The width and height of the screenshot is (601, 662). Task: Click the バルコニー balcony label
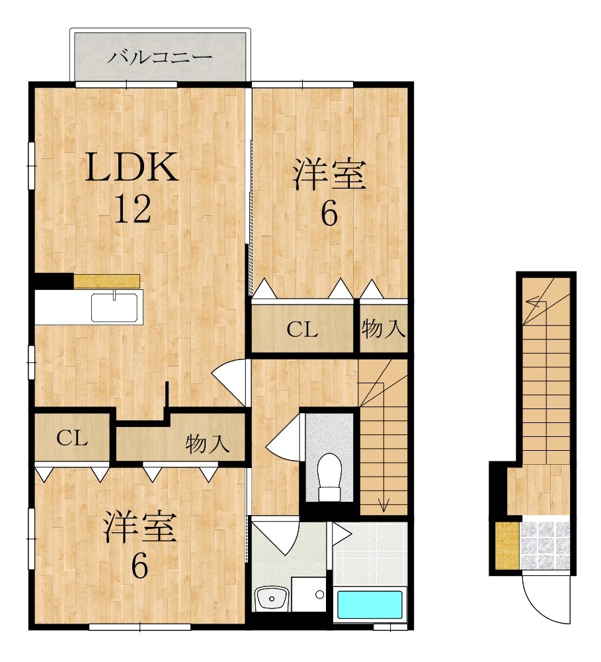(x=160, y=57)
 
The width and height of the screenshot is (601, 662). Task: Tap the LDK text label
(x=131, y=167)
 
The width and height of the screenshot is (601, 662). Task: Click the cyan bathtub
(x=370, y=604)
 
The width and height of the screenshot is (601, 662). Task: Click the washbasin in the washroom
(x=271, y=599)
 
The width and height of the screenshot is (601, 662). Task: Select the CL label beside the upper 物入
(x=302, y=330)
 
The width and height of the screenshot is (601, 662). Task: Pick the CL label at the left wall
(x=71, y=439)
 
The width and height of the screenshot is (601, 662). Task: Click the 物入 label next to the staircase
(x=383, y=329)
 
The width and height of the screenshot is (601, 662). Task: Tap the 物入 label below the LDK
(x=207, y=444)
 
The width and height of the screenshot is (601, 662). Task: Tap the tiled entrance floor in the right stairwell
(x=545, y=544)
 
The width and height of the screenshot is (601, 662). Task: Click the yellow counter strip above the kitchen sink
(x=106, y=281)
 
